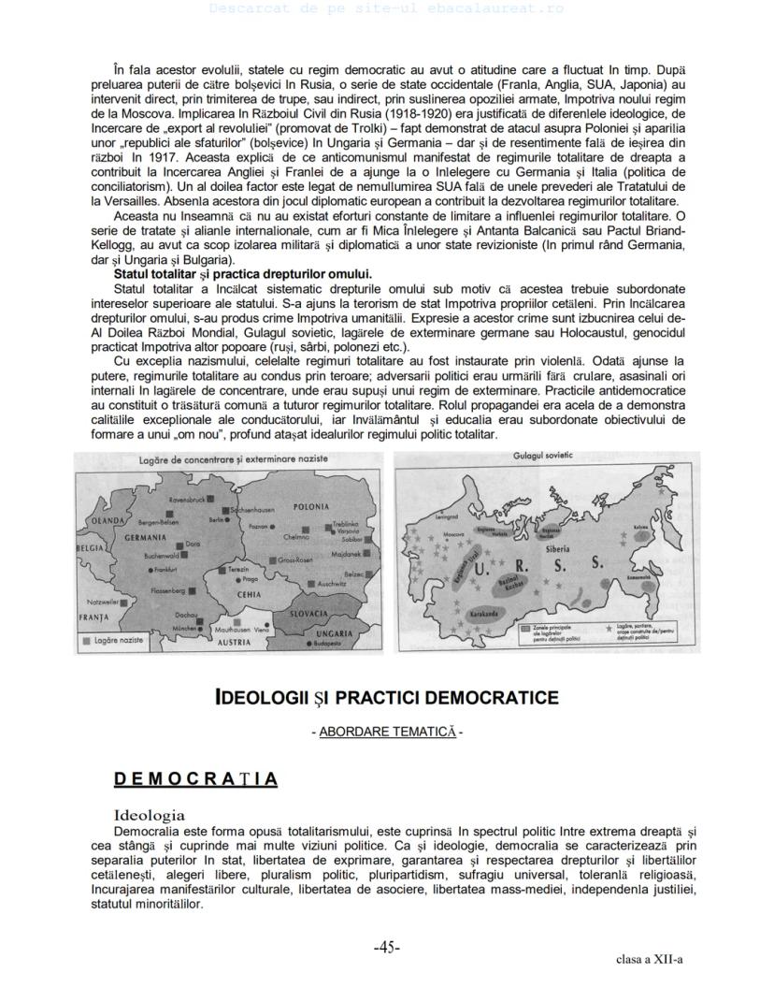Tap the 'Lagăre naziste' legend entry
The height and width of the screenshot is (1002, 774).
119,641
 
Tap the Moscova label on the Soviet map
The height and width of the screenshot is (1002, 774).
453,533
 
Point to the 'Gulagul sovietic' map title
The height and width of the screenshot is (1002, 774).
543,456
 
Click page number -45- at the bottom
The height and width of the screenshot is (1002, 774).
387,947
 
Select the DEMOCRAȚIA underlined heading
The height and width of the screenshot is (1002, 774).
195,779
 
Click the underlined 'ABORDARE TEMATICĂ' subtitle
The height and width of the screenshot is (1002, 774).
387,732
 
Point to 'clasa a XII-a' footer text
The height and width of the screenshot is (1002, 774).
649,959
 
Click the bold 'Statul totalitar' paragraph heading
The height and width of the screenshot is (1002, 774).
242,274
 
